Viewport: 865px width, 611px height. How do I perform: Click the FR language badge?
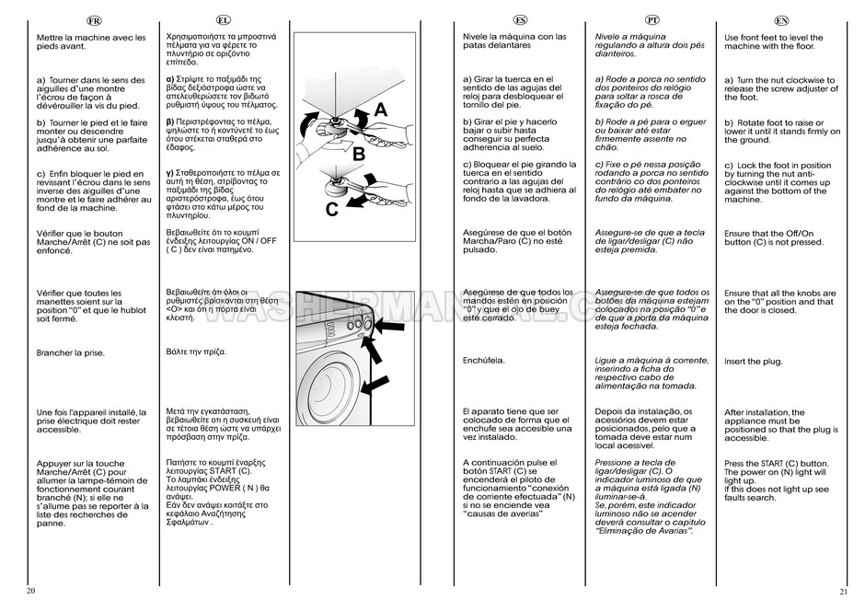(x=93, y=19)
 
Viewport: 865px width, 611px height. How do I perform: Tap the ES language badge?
(x=520, y=19)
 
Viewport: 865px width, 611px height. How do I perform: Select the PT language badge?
(x=652, y=19)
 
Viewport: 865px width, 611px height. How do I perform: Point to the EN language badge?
(x=782, y=19)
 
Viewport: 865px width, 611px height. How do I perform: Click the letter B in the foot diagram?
(x=359, y=153)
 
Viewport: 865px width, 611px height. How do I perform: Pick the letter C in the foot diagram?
(x=331, y=208)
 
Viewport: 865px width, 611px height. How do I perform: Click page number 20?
(x=31, y=590)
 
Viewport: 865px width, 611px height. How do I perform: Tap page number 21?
(x=843, y=590)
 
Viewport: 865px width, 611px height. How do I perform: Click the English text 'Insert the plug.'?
(x=753, y=362)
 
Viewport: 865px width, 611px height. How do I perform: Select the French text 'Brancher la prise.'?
(x=70, y=352)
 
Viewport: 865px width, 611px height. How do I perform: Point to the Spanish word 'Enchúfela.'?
(x=485, y=360)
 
